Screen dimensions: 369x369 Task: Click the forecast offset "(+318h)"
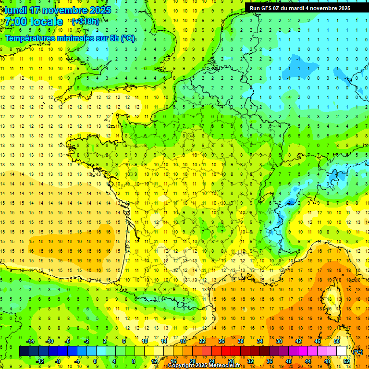[86, 22]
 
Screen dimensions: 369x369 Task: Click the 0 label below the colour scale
[95, 361]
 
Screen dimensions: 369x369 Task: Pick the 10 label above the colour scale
[144, 341]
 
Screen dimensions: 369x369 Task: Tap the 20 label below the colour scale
[192, 361]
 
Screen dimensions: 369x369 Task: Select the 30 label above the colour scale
[240, 341]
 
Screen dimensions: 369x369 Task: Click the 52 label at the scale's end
[346, 361]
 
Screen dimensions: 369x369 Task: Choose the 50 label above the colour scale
[337, 341]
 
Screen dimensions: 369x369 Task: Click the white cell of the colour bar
[342, 351]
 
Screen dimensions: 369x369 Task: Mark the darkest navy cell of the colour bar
[24, 351]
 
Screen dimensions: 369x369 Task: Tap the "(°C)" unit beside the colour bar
[358, 351]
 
